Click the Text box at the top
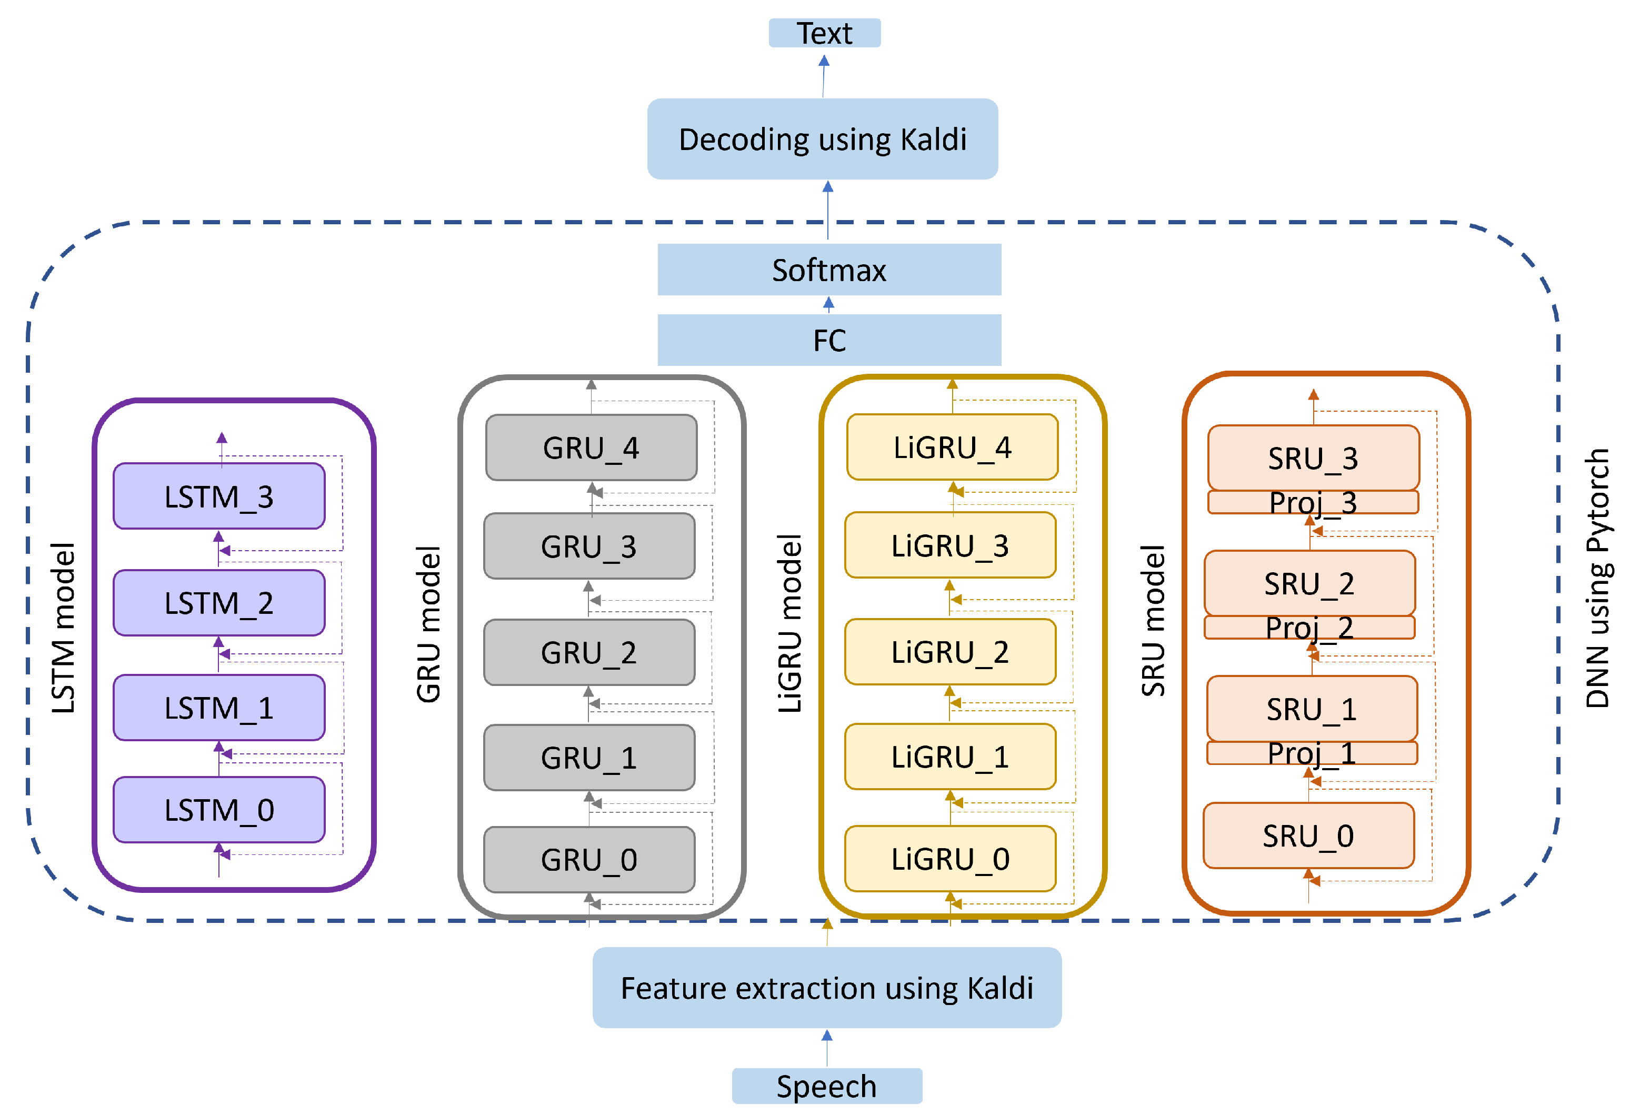(x=824, y=33)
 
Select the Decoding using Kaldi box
(x=822, y=139)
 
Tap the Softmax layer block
(x=829, y=270)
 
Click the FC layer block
(x=829, y=340)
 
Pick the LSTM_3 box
(x=219, y=496)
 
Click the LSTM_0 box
(x=219, y=810)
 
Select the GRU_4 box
(x=591, y=447)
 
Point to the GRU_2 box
(x=589, y=652)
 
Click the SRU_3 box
(x=1313, y=457)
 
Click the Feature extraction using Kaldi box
(x=826, y=988)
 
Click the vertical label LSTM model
(x=63, y=628)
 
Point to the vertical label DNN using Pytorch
(x=1596, y=579)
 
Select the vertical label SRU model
(x=1152, y=621)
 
